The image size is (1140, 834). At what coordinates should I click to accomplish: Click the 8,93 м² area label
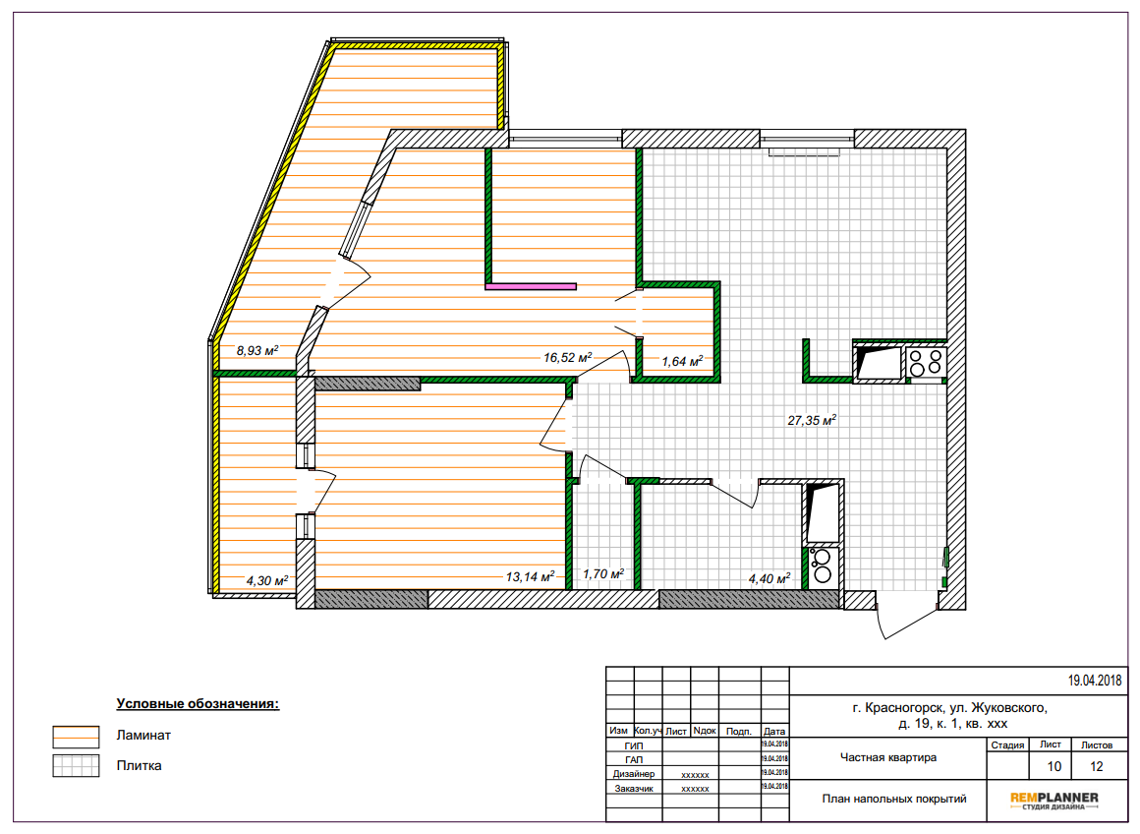[257, 351]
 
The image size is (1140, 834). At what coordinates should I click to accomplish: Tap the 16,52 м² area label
[568, 357]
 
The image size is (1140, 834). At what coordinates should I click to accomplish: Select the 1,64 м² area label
[682, 361]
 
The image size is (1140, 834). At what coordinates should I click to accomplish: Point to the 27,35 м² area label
[812, 420]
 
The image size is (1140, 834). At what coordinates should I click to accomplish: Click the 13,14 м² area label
[530, 577]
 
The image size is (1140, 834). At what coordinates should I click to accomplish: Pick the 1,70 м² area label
[603, 574]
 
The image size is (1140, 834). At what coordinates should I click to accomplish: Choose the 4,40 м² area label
[769, 579]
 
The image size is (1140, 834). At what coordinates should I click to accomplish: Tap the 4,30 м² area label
[267, 580]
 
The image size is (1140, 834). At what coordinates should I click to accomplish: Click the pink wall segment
[531, 287]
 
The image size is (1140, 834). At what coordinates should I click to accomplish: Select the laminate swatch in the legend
[76, 737]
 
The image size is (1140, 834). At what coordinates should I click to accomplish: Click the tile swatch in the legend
[76, 765]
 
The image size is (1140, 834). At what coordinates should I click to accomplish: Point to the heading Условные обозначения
[198, 704]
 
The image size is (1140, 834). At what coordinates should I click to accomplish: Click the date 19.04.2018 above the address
[1094, 682]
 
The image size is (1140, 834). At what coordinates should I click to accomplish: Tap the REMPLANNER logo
[1054, 801]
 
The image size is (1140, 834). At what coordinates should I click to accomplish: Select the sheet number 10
[1054, 766]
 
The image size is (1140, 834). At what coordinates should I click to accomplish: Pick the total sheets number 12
[1097, 766]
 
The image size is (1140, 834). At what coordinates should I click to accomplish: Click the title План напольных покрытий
[894, 799]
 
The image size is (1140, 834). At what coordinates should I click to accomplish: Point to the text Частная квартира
[888, 757]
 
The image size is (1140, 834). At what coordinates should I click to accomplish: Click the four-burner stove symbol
[926, 363]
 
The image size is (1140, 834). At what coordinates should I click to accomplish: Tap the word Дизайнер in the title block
[633, 774]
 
